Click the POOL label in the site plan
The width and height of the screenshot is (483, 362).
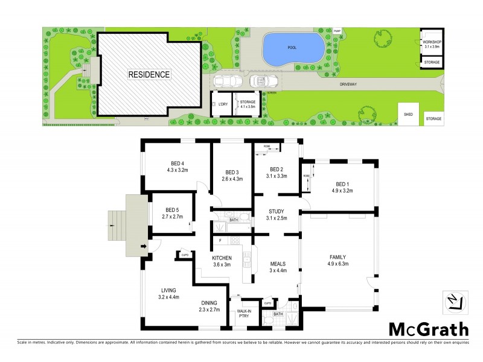[292, 46]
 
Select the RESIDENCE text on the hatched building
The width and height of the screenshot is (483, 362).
[149, 75]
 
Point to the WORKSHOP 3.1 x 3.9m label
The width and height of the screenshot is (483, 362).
[432, 44]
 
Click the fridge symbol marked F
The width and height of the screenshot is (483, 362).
[220, 241]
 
